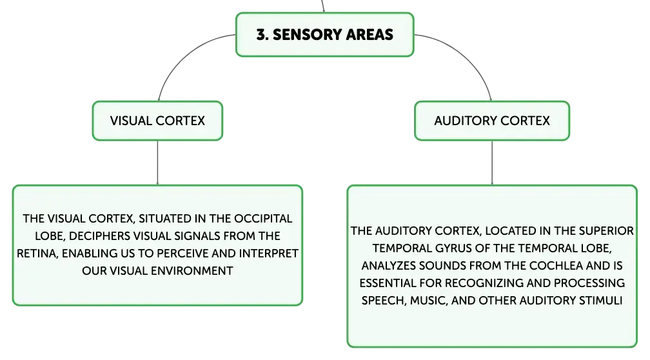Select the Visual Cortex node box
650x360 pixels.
click(x=157, y=121)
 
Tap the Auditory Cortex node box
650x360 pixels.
click(x=492, y=121)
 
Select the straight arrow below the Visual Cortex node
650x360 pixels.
click(x=157, y=163)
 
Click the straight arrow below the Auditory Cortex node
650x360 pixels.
click(x=492, y=163)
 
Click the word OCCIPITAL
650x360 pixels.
click(x=263, y=219)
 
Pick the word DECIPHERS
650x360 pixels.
click(x=95, y=236)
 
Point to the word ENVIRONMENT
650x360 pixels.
click(x=192, y=271)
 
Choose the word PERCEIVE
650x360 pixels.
click(x=183, y=254)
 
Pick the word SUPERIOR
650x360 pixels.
click(x=606, y=230)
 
